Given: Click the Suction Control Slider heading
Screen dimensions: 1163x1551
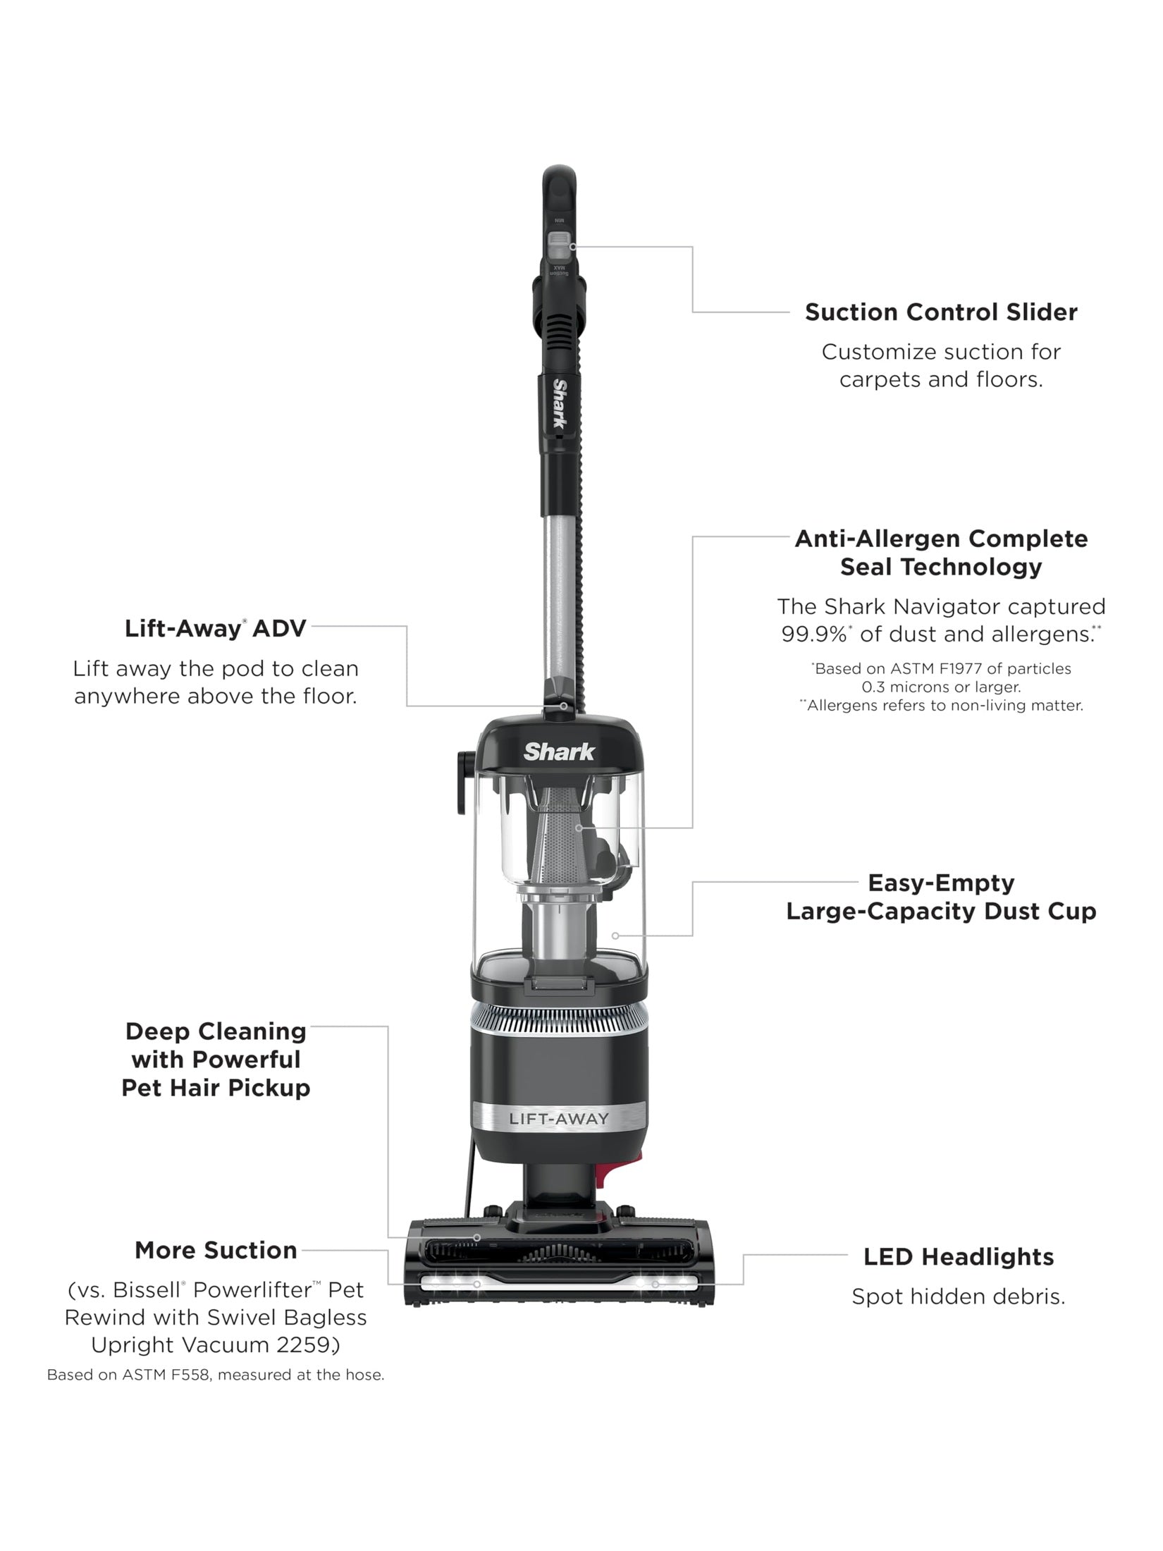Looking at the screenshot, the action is click(x=941, y=312).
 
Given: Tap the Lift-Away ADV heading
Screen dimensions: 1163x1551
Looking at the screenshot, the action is click(x=216, y=628).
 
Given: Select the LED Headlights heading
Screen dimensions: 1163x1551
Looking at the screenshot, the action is click(x=959, y=1256).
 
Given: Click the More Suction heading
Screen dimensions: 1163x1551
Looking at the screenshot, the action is click(x=216, y=1250).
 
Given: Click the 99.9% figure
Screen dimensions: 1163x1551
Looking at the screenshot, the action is click(x=812, y=634).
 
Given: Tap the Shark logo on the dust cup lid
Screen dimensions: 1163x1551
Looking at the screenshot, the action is click(x=559, y=752).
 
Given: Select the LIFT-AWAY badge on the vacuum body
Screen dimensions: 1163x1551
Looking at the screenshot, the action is click(x=559, y=1118).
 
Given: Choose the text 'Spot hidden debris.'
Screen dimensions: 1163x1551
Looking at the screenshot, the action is click(x=958, y=1296).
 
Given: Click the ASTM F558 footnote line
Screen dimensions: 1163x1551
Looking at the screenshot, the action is click(x=216, y=1375).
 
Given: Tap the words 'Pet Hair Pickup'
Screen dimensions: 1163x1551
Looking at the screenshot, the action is click(x=216, y=1087).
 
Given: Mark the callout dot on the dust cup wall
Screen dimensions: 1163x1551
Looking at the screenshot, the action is click(x=615, y=936).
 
